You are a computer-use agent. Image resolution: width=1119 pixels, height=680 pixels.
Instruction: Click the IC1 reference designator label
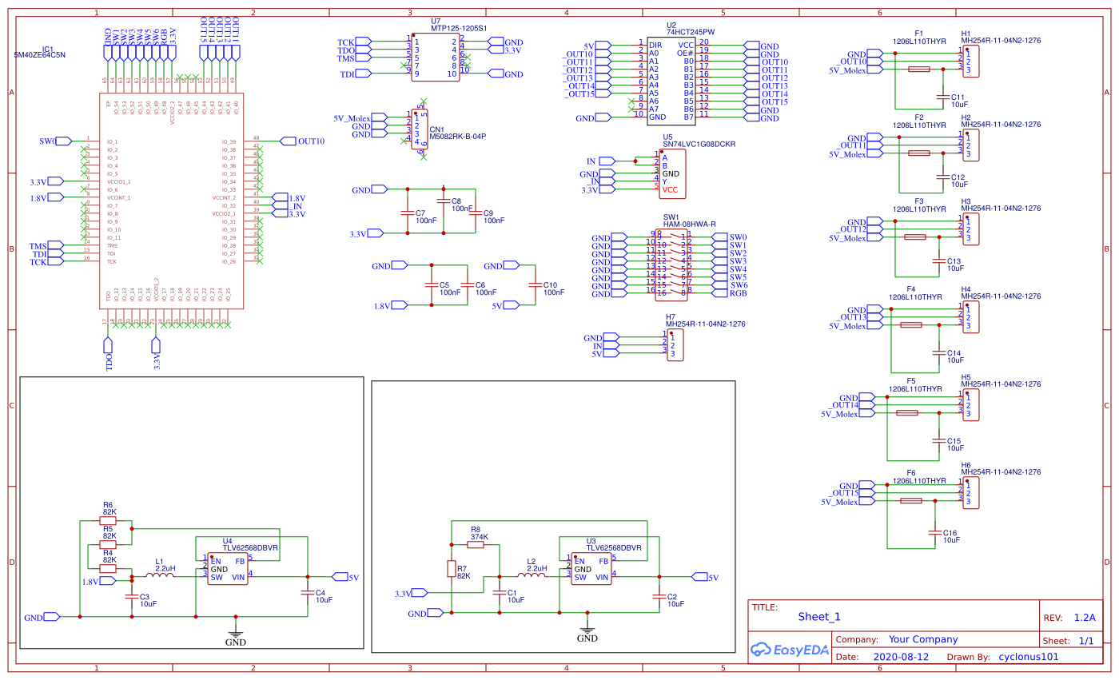coord(47,49)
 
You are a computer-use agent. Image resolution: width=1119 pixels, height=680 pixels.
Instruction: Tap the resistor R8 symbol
coord(476,544)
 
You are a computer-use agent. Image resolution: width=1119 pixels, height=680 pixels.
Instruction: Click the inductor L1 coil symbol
coord(160,575)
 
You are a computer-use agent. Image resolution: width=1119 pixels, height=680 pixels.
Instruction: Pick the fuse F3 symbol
coord(914,237)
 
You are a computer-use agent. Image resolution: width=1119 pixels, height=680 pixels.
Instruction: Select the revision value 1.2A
coord(1084,618)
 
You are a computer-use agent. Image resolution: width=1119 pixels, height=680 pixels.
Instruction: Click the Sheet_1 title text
coord(818,617)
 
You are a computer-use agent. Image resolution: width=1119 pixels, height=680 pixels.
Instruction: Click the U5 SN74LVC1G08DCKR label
coord(698,145)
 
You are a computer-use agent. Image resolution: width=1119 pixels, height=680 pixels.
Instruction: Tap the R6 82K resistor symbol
coord(108,520)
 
